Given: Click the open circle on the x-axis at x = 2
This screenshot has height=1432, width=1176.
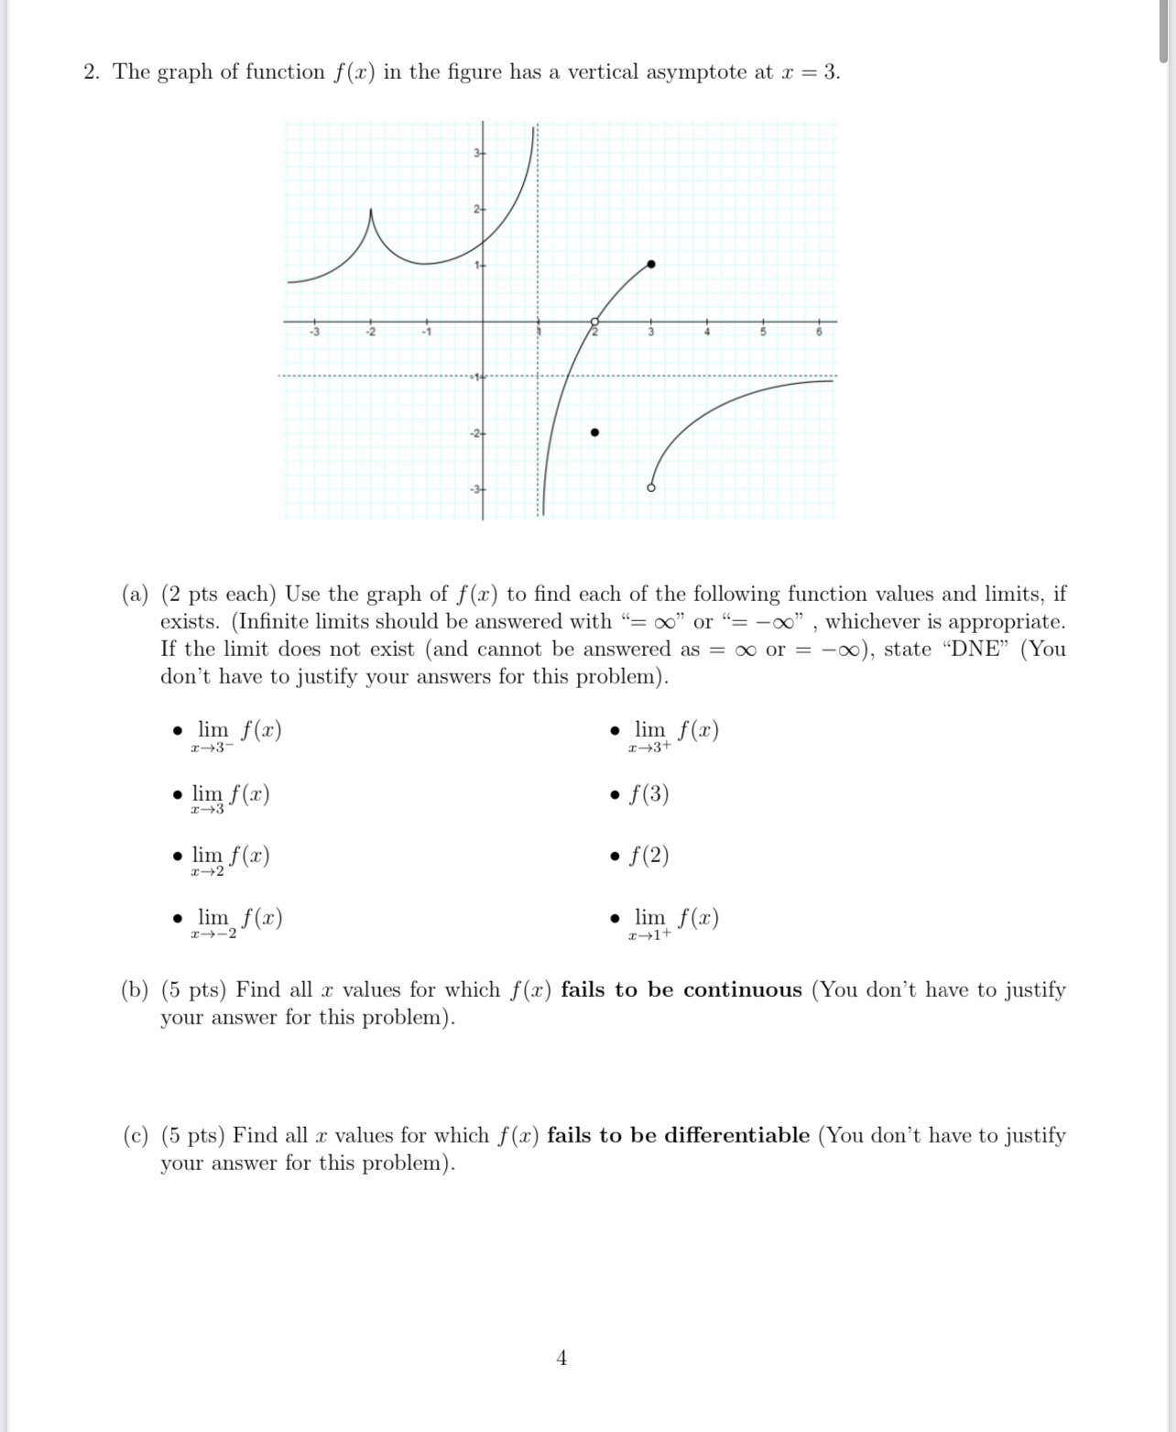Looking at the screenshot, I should [594, 322].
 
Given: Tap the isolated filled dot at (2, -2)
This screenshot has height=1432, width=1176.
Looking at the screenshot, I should [594, 432].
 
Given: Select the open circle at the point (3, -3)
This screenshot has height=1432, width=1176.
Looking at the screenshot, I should [651, 487].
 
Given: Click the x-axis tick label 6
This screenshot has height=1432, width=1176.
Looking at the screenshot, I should [820, 333].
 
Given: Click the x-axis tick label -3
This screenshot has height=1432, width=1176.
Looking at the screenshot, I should [314, 333].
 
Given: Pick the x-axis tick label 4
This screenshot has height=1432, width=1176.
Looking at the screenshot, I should [707, 333].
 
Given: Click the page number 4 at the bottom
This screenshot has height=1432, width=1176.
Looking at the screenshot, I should [561, 1357].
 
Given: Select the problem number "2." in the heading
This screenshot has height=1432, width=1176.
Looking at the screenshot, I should [92, 72].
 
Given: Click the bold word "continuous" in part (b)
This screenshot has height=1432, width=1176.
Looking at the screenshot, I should [742, 990].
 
